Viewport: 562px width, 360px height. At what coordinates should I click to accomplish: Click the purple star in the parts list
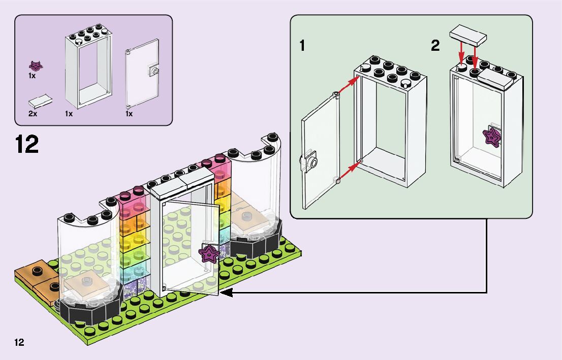coord(36,66)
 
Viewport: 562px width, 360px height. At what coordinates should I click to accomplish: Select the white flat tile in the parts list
coord(41,100)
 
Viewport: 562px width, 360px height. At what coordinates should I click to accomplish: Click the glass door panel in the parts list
coord(142,77)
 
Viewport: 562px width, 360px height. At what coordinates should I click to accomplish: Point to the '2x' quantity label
coord(33,114)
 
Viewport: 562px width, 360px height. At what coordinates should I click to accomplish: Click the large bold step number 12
coord(27,144)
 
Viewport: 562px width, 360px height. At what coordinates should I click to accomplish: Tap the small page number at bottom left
coord(19,342)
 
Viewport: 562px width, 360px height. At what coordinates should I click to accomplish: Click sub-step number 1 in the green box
coord(302,46)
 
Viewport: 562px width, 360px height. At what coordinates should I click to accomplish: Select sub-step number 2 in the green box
coord(435,46)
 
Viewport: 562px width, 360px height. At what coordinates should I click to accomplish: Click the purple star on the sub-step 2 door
coord(492,136)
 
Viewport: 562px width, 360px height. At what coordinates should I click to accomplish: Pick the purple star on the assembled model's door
coord(208,253)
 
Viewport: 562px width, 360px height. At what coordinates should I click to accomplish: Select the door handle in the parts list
coord(154,71)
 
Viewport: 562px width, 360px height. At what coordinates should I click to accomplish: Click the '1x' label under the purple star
coord(32,76)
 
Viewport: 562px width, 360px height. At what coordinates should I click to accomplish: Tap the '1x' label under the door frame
coord(69,114)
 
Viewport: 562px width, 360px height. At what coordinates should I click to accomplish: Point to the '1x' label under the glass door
coord(129,114)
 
